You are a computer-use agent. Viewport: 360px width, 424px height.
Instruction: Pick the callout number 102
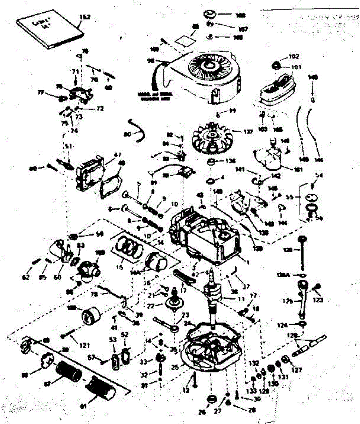coord(294,57)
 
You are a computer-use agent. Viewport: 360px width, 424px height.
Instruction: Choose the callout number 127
coord(297,370)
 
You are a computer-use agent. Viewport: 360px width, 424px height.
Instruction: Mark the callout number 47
coord(117,154)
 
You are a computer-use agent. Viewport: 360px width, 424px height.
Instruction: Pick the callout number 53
coord(113,340)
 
